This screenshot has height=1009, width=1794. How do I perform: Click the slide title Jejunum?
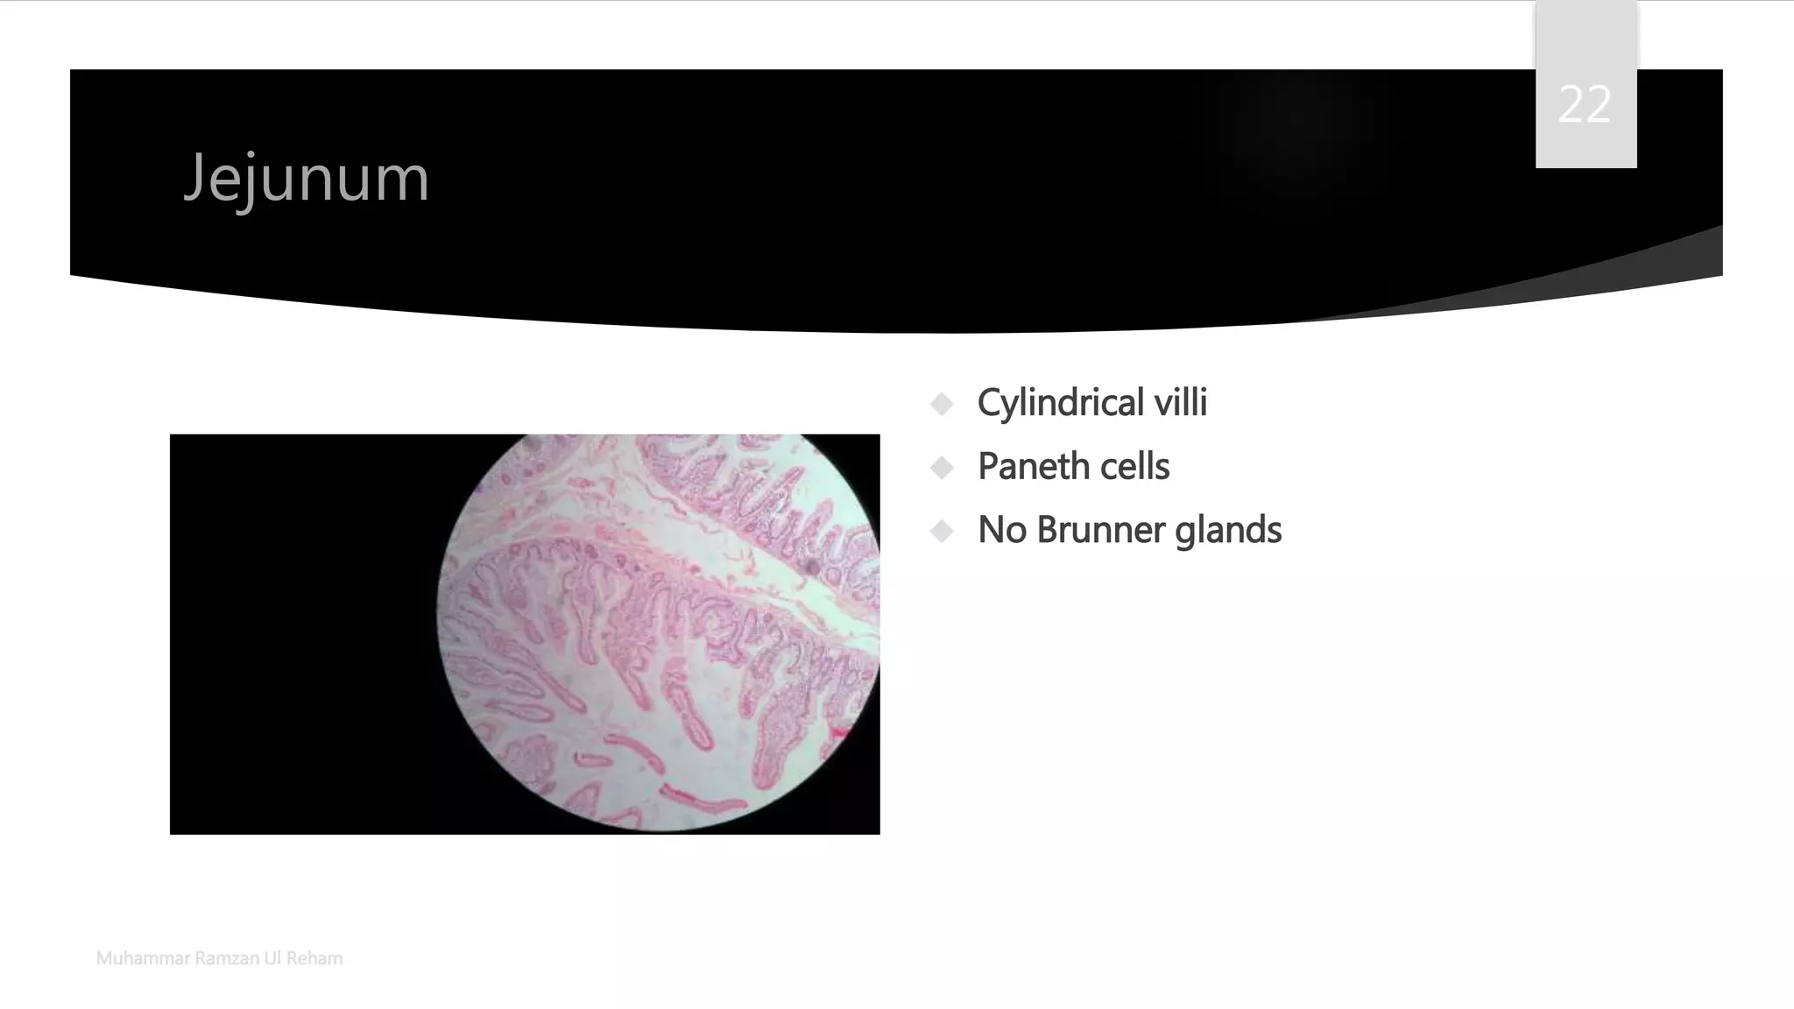click(x=306, y=179)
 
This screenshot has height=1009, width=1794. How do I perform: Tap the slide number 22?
click(x=1585, y=105)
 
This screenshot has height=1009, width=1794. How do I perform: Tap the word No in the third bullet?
click(x=1001, y=531)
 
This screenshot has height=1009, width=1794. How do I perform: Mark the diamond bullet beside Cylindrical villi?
click(x=943, y=404)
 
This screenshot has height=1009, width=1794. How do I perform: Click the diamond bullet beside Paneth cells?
click(x=943, y=468)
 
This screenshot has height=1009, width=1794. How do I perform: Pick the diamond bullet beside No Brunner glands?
click(x=943, y=531)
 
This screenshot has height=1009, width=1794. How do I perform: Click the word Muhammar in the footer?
click(x=142, y=958)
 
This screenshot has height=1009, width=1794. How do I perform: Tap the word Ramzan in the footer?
click(x=226, y=958)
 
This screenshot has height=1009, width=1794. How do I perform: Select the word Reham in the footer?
click(x=314, y=958)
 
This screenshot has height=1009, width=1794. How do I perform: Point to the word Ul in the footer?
click(x=272, y=958)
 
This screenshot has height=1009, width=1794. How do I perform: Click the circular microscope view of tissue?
click(x=657, y=631)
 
